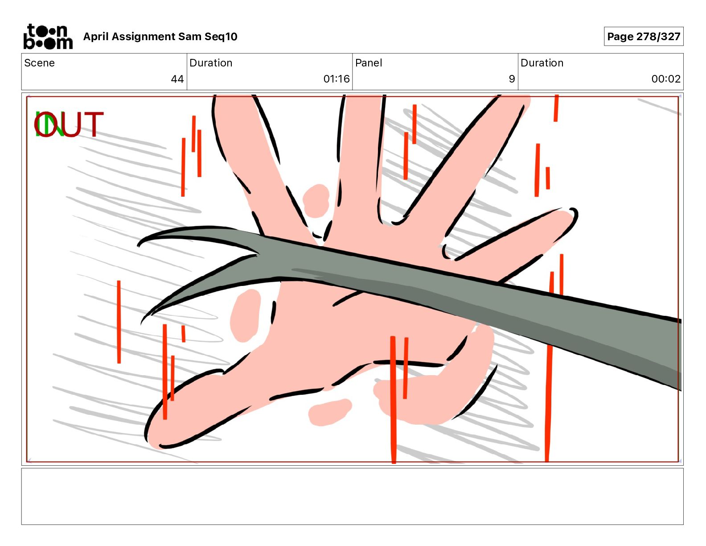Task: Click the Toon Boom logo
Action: pos(48,37)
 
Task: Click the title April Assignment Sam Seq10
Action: pos(160,37)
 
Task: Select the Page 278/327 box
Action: pos(643,37)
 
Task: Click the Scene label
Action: pos(40,63)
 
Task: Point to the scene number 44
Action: pos(177,79)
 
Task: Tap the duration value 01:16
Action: pos(336,79)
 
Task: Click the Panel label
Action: pos(369,63)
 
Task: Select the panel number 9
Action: pos(512,79)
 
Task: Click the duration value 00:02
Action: pos(665,79)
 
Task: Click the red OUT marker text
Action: pos(69,124)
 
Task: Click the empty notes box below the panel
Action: pos(352,496)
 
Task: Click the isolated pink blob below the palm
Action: pos(330,411)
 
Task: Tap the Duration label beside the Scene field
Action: pos(211,63)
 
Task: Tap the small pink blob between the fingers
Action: pos(316,201)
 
